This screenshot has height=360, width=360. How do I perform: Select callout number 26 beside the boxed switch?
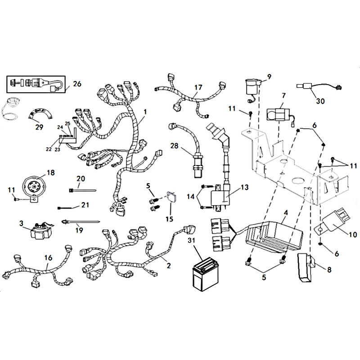pyautogui.click(x=77, y=84)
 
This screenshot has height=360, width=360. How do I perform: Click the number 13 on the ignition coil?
pyautogui.click(x=244, y=187)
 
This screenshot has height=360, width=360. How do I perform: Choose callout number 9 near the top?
pyautogui.click(x=269, y=77)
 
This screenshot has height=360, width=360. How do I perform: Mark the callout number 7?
pyautogui.click(x=283, y=96)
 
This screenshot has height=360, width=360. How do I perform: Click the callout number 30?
pyautogui.click(x=320, y=101)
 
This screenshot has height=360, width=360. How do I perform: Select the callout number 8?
pyautogui.click(x=329, y=270)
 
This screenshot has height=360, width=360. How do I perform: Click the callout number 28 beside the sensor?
pyautogui.click(x=175, y=145)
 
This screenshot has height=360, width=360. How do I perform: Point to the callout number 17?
pyautogui.click(x=198, y=87)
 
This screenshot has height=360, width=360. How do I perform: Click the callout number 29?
pyautogui.click(x=39, y=127)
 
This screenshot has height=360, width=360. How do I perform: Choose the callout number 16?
pyautogui.click(x=48, y=258)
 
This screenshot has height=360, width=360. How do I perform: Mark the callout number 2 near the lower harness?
pyautogui.click(x=168, y=265)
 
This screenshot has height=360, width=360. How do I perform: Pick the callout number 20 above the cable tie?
pyautogui.click(x=81, y=179)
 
